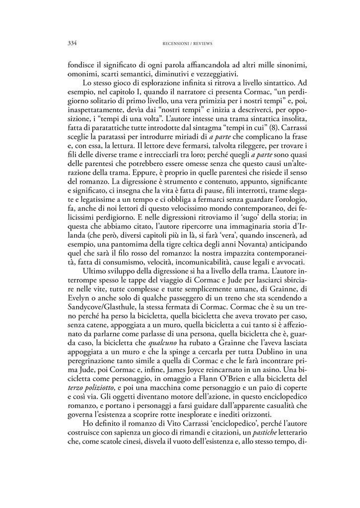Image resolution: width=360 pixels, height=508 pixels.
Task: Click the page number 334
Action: point(71,43)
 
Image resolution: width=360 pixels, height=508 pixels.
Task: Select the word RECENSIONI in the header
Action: point(173,44)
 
